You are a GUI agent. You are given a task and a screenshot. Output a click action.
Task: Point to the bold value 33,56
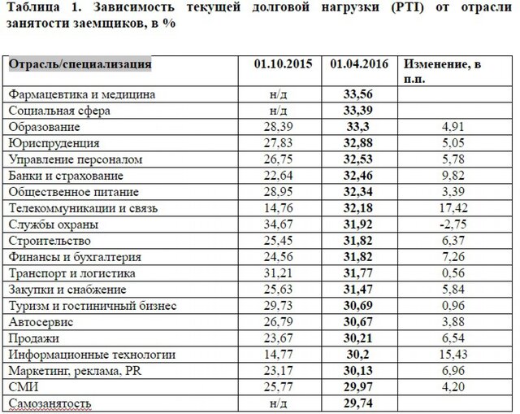359,94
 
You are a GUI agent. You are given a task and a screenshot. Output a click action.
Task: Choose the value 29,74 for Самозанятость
359,403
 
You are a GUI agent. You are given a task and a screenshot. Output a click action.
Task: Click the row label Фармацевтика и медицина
81,94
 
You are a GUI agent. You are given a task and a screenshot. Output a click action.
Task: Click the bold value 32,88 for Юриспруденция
359,142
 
